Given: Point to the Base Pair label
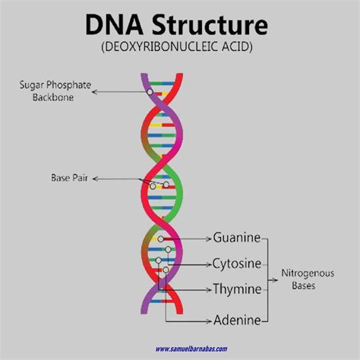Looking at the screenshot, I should (70, 179).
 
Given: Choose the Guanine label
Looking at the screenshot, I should (236, 238).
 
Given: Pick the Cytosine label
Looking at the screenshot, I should (238, 264).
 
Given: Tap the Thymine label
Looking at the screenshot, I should (237, 290).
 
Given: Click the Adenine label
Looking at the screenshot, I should (237, 319).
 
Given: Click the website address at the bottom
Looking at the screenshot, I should (202, 349).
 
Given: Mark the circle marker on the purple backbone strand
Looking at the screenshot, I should (150, 91).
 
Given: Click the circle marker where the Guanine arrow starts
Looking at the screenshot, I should (160, 238).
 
